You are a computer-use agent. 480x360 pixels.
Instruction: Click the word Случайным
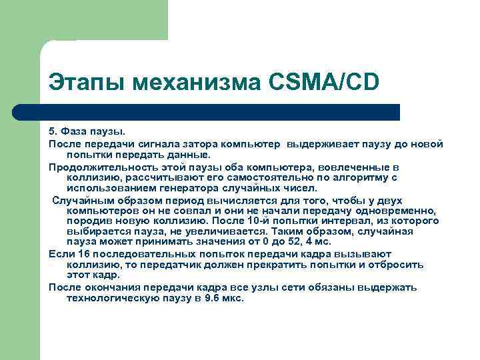(79, 200)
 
